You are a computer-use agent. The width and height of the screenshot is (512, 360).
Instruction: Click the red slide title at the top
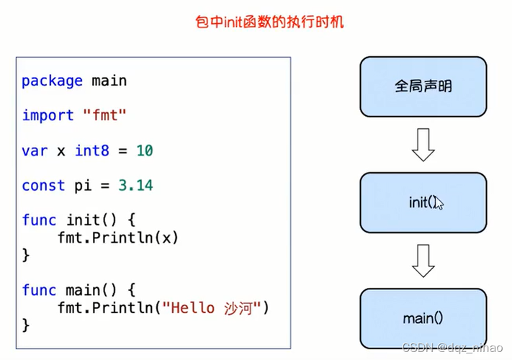click(x=270, y=22)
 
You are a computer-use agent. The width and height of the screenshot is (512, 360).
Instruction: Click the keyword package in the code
click(x=52, y=81)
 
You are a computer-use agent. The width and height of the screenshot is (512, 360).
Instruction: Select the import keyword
click(x=48, y=115)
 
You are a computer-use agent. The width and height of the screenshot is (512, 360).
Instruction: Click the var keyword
click(x=35, y=150)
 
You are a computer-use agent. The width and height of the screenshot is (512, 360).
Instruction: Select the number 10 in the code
click(x=144, y=150)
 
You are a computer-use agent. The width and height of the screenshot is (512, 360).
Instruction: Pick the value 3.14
click(x=135, y=185)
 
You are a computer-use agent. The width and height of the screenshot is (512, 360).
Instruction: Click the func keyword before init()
click(x=39, y=220)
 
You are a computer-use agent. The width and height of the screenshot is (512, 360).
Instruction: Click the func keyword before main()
click(x=39, y=289)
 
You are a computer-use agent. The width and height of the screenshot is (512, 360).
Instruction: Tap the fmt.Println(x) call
click(x=117, y=237)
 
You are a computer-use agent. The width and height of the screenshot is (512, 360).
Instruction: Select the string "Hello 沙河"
click(x=212, y=307)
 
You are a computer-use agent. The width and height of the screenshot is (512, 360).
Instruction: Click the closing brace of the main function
click(x=26, y=325)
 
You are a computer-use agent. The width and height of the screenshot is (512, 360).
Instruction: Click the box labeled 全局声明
click(x=423, y=86)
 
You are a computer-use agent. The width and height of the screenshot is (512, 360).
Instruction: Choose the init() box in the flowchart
click(x=423, y=202)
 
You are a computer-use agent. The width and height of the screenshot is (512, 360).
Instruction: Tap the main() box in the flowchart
click(x=423, y=318)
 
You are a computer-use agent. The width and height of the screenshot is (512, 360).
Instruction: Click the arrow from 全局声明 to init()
click(x=423, y=145)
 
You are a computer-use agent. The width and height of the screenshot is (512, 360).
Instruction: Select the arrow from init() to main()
click(x=423, y=260)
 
